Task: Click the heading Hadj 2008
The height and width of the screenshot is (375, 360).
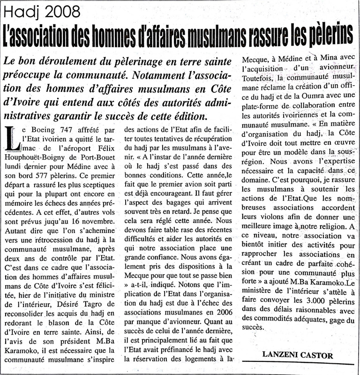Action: pos(36,10)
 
